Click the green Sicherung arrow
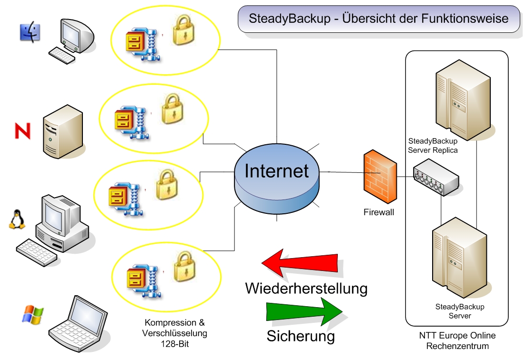[304, 312]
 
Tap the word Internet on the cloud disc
[276, 171]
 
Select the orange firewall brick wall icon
[380, 177]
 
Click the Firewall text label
[379, 212]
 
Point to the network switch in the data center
[436, 177]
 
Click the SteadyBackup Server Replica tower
[463, 100]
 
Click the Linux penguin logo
[17, 220]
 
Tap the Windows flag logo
[33, 314]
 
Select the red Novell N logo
[23, 131]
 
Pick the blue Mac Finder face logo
[30, 32]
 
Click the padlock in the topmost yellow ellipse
[183, 31]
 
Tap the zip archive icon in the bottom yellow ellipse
[143, 281]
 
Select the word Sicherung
[301, 336]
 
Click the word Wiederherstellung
[306, 289]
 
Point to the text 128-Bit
[175, 344]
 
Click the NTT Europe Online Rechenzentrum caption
[457, 340]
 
